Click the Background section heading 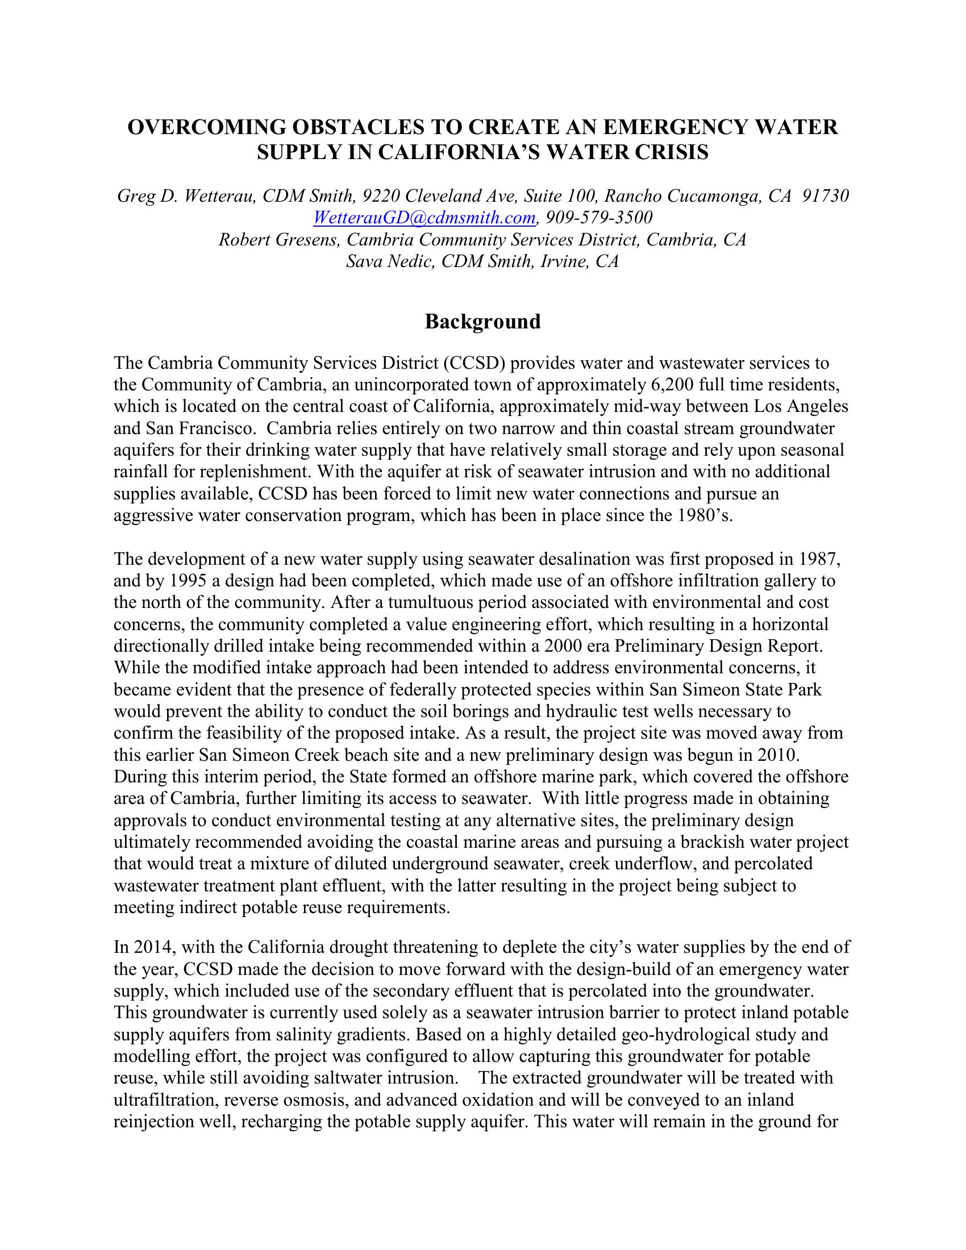482,322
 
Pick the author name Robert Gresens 277,240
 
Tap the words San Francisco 199,428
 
